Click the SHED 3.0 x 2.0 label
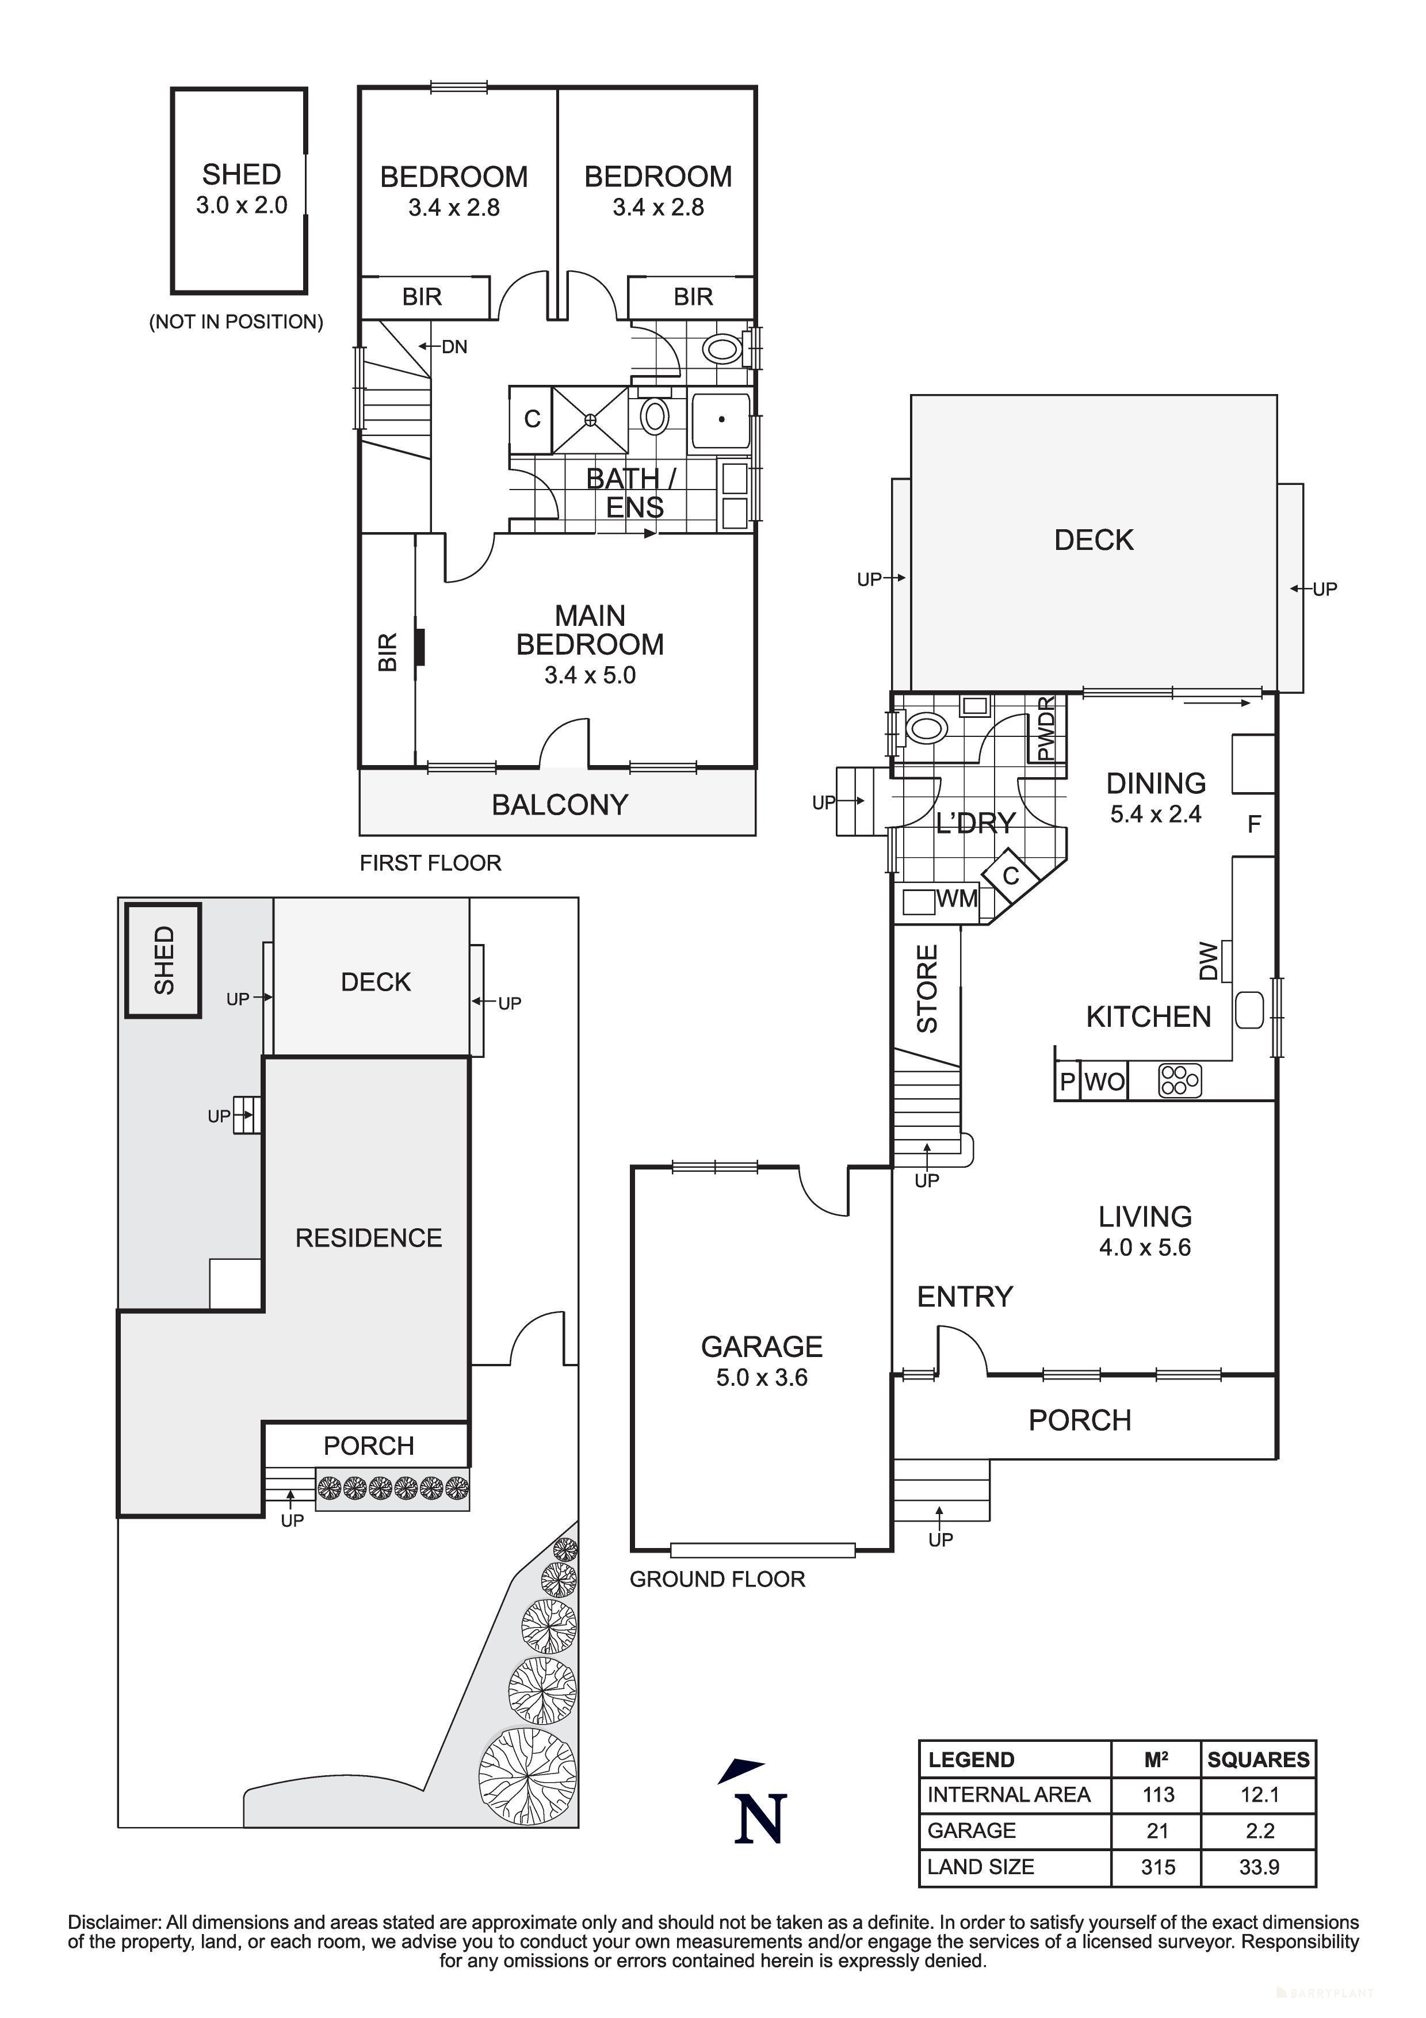241,189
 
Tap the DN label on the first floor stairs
454,347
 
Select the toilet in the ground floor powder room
925,728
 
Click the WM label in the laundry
957,899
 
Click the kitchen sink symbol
1248,1010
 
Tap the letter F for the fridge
1254,824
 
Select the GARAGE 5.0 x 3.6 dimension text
761,1377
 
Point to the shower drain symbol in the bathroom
590,420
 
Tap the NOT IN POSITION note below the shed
236,322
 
